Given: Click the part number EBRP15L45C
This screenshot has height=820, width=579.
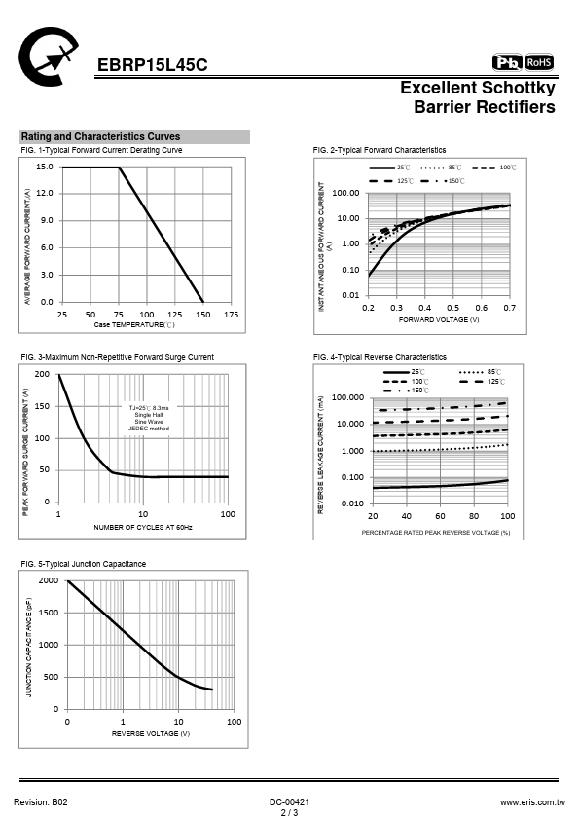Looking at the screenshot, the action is coord(152,65).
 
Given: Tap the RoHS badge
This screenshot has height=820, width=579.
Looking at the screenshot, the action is coord(539,62).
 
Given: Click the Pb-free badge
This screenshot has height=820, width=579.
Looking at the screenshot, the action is coord(507,62).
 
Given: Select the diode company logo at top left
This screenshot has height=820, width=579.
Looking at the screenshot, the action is coord(48,56).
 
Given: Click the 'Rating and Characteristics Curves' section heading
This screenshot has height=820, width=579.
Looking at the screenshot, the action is coord(100,136).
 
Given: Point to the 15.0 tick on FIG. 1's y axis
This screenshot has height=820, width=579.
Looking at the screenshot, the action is coord(45,167).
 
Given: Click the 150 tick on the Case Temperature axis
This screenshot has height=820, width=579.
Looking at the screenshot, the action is coord(202,315).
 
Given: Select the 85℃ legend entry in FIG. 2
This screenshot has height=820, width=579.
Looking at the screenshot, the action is coord(441,168).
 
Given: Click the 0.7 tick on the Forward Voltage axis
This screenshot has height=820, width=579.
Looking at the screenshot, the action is coord(510,308).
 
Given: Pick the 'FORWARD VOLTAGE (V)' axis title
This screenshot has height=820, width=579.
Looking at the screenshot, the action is coord(439,319).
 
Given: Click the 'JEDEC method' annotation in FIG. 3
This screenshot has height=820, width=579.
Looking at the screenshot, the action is coord(149,429).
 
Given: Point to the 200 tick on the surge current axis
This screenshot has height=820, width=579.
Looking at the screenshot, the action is coord(42,374).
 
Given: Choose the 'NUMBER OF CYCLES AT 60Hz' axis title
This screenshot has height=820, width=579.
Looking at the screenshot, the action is coord(143,527).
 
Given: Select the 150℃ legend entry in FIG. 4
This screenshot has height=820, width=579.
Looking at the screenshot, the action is coord(407,391).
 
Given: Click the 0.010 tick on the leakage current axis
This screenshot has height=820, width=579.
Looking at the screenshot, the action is coord(352,503).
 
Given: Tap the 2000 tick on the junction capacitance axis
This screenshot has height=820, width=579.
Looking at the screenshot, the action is coord(49,580).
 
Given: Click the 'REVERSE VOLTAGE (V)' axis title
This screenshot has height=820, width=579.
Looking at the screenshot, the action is coord(151,733).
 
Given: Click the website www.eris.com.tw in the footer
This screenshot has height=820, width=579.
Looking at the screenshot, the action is coord(532,802).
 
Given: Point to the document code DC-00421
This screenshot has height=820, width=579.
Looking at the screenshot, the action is coord(290,802).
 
